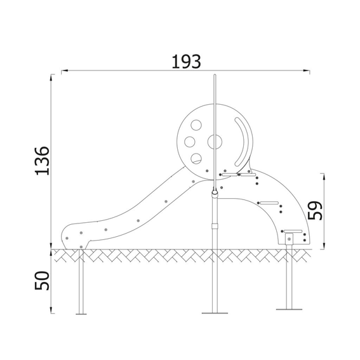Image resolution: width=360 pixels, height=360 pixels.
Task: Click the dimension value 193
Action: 186,62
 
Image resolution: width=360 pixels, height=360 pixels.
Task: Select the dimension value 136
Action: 42,161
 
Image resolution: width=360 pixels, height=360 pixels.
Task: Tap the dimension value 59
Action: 315,210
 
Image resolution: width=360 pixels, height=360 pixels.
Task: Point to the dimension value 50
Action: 42,281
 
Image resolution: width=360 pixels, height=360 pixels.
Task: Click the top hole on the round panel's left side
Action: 196,125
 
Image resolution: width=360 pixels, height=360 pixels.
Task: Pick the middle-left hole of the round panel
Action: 190,142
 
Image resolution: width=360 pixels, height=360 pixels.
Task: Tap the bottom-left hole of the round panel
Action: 196,159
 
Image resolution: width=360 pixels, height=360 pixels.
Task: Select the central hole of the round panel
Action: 215,142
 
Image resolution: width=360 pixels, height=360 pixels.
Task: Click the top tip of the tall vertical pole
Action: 215,74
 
